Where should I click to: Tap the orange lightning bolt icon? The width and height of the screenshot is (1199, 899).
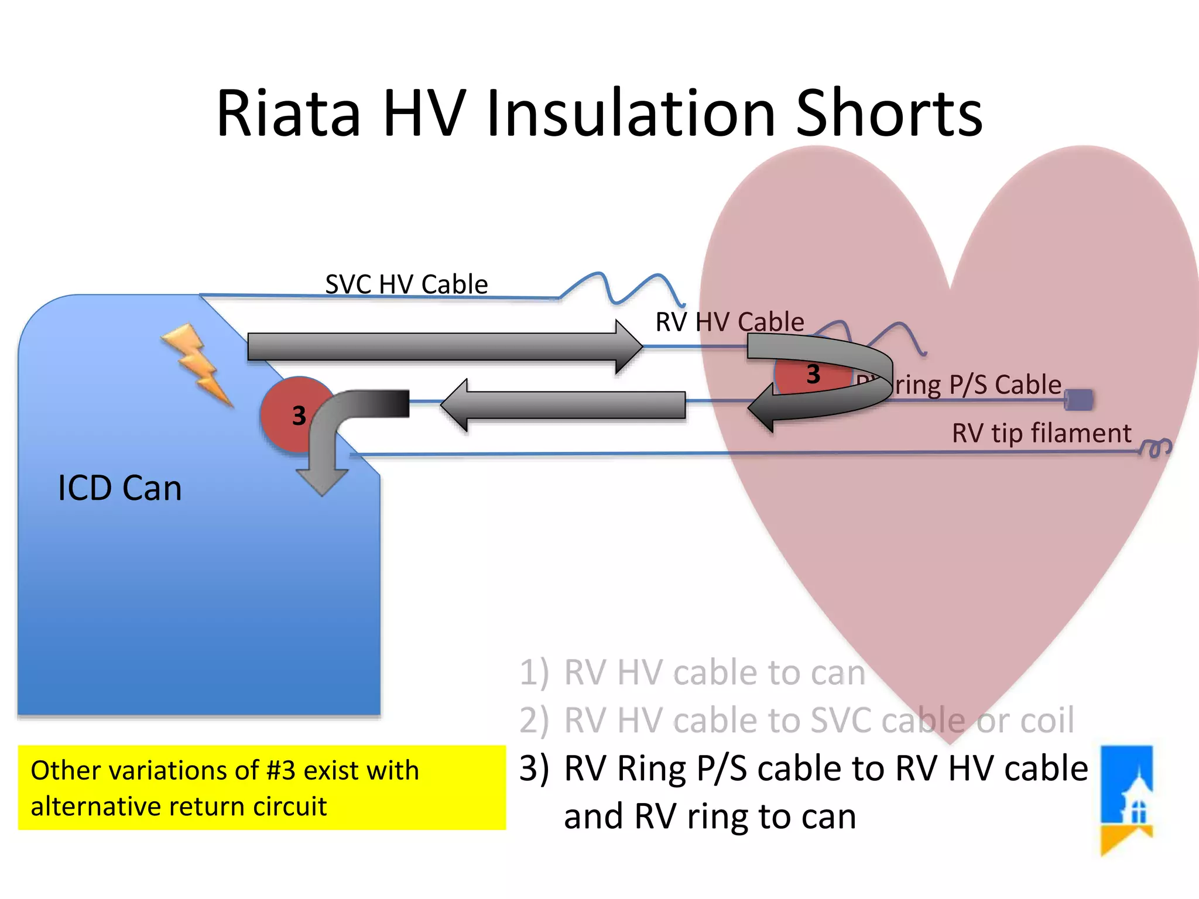[x=198, y=364]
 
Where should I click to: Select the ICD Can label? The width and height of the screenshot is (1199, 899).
[x=120, y=488]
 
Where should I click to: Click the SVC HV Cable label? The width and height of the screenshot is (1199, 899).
[x=406, y=284]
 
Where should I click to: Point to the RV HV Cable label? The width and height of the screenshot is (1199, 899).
[x=729, y=322]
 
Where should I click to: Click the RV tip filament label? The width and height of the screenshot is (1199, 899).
[x=1042, y=433]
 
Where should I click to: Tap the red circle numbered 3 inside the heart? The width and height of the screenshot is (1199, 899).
[x=811, y=375]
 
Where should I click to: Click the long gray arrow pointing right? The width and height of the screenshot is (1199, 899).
[x=445, y=346]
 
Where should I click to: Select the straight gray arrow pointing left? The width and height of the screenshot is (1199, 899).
[x=562, y=405]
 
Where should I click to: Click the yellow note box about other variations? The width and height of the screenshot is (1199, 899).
[x=262, y=787]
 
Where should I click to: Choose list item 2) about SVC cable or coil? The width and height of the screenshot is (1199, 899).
[x=796, y=720]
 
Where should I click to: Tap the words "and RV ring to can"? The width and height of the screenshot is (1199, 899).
[x=710, y=816]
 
